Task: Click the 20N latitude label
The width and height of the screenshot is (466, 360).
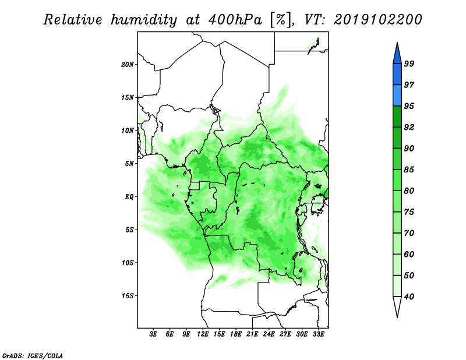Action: [x=128, y=65]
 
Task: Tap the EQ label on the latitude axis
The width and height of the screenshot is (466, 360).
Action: [x=129, y=197]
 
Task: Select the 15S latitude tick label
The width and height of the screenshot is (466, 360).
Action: [x=128, y=296]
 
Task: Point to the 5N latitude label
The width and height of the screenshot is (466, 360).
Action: [x=129, y=164]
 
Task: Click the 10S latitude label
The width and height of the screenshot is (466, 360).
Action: [x=128, y=263]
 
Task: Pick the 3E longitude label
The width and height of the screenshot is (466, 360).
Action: [x=153, y=334]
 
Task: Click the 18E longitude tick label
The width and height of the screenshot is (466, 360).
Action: [x=236, y=334]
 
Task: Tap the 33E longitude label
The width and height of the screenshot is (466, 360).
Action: [x=318, y=334]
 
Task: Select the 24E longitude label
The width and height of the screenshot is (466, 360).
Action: [x=269, y=334]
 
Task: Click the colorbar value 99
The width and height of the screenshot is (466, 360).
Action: [x=409, y=63]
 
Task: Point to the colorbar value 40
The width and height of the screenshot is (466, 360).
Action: [x=409, y=297]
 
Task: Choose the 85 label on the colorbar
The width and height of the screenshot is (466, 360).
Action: [x=409, y=170]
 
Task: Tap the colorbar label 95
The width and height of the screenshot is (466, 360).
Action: [x=409, y=106]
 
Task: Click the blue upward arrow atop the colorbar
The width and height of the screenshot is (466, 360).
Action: [x=397, y=55]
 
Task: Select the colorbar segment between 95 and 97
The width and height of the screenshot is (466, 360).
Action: [x=397, y=96]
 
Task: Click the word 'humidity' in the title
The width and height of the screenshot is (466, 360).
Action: [x=144, y=20]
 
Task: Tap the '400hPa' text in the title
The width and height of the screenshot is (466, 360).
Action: [x=235, y=20]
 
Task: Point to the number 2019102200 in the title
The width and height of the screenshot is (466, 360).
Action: [x=377, y=20]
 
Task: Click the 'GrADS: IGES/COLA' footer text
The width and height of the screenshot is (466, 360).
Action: [x=33, y=356]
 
